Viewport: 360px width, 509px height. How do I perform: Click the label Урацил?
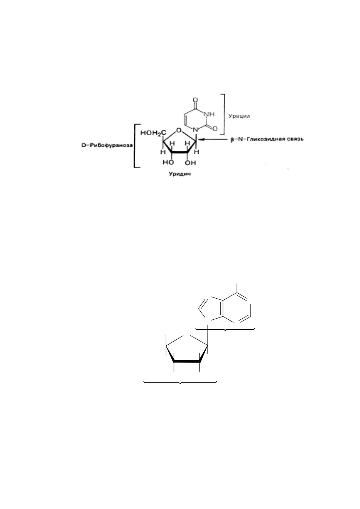tap(239, 116)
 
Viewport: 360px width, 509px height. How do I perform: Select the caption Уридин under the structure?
tap(180, 174)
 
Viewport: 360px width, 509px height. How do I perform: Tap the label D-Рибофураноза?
tap(107, 145)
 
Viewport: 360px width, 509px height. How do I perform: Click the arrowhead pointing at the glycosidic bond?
tap(202, 140)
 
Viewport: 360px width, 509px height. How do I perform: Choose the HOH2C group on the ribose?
tap(153, 133)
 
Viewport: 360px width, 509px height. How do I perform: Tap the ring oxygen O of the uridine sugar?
tap(179, 130)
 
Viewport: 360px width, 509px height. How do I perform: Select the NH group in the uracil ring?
tap(209, 114)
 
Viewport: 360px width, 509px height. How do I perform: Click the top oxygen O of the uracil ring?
tap(195, 100)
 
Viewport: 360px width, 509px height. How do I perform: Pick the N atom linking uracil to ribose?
tap(195, 130)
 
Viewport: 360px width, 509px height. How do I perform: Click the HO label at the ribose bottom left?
tap(169, 163)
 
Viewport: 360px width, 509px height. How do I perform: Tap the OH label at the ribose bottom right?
tap(190, 163)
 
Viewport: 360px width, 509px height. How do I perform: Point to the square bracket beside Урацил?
tap(225, 114)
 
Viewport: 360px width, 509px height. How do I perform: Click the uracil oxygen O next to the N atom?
tap(215, 129)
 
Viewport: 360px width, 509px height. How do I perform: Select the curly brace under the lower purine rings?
tap(225, 329)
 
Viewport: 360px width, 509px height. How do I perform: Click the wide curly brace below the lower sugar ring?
tap(180, 383)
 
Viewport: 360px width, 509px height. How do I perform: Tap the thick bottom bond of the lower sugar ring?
tap(187, 361)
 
